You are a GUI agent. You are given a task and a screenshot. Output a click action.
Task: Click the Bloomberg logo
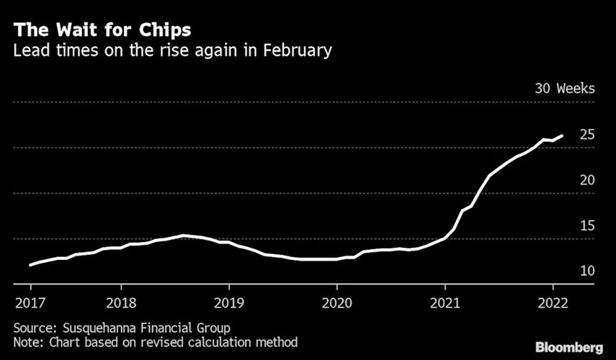[568, 347]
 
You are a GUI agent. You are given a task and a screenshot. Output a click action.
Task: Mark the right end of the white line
[562, 135]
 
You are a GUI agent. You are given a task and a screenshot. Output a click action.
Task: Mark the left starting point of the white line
[30, 265]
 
